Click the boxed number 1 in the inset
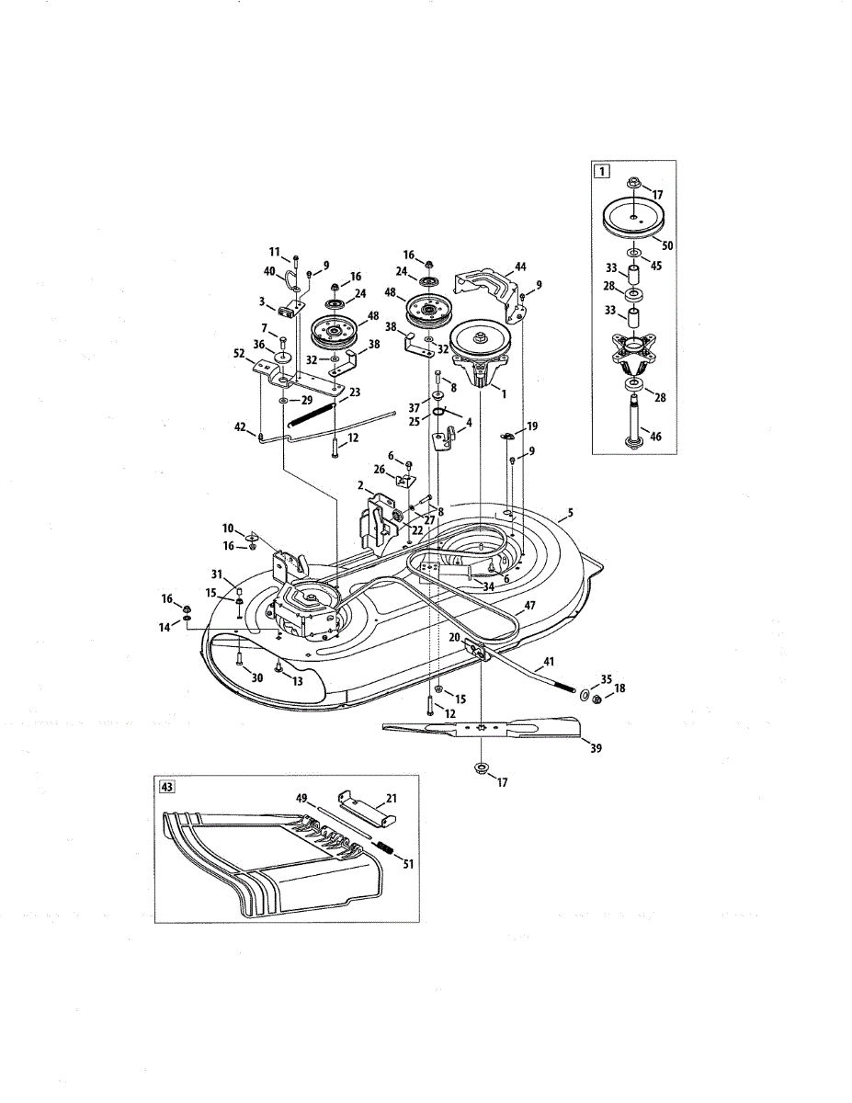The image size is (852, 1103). click(x=601, y=170)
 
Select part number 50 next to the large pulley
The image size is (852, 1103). click(x=667, y=246)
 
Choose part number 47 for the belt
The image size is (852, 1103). click(x=530, y=607)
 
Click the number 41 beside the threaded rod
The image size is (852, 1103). click(x=549, y=663)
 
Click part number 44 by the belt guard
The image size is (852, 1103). click(x=520, y=266)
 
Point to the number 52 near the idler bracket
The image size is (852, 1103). click(x=239, y=353)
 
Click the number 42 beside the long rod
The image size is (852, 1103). click(x=242, y=426)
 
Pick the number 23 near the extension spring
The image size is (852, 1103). click(x=354, y=392)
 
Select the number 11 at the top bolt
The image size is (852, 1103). click(x=274, y=252)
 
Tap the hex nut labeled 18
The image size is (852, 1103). click(x=594, y=700)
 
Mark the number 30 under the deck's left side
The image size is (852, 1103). click(x=257, y=677)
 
